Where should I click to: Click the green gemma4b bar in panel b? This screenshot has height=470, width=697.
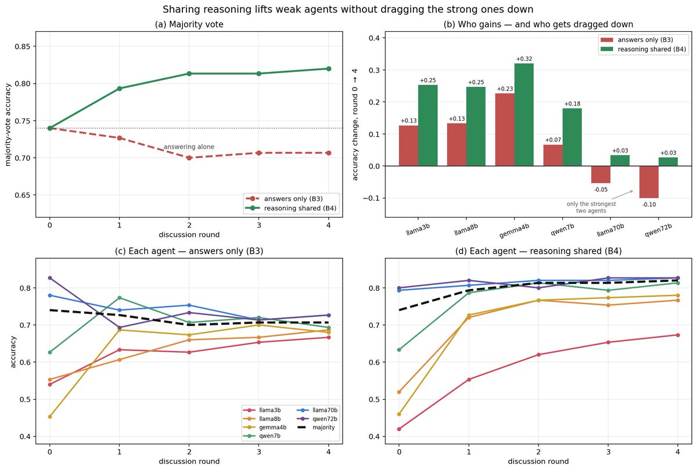click(524, 114)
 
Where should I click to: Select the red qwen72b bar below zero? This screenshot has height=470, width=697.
click(649, 182)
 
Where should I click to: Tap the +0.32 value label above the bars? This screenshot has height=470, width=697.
click(524, 59)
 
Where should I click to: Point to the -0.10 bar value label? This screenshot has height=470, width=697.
click(649, 204)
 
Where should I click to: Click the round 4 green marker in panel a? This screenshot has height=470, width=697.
click(329, 68)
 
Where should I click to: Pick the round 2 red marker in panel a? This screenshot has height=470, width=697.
click(189, 158)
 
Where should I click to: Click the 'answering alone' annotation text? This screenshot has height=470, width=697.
click(189, 147)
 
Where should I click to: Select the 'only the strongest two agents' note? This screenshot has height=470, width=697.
click(591, 207)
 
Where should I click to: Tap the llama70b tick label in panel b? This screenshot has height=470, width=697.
click(610, 230)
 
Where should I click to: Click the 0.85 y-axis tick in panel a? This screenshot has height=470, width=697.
click(23, 46)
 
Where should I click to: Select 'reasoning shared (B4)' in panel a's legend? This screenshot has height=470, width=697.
click(291, 208)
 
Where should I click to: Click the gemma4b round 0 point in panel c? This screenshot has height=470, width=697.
click(50, 417)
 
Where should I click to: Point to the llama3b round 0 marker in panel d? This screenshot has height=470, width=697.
click(399, 429)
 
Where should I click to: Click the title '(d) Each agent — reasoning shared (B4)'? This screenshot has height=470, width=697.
click(538, 251)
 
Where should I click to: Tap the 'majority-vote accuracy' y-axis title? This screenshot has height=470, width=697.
click(8, 125)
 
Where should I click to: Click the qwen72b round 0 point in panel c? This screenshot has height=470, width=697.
click(50, 278)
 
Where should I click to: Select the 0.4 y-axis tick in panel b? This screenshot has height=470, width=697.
click(374, 38)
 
